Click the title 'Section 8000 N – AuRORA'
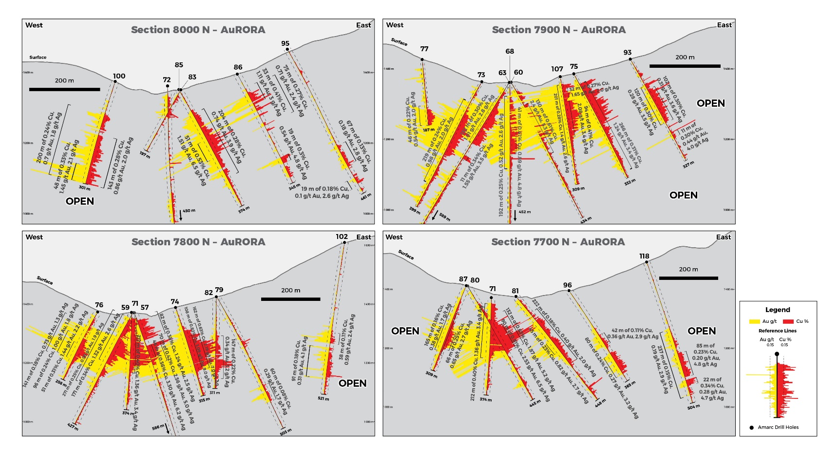[x=198, y=30]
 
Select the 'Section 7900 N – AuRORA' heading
[x=558, y=30]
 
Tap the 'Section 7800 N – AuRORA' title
[x=198, y=242]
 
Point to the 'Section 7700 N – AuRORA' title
[x=558, y=242]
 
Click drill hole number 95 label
[x=285, y=43]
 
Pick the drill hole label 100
[x=119, y=76]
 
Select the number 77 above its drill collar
[x=424, y=49]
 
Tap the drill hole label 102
[x=342, y=237]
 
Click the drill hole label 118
[x=644, y=256]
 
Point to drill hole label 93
[x=628, y=53]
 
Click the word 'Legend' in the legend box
[x=778, y=310]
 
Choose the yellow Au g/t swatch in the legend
[x=754, y=321]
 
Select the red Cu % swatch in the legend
[x=788, y=321]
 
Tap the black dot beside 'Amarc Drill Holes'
[x=751, y=428]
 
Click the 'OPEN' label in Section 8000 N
[x=80, y=201]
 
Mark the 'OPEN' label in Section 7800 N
[x=352, y=383]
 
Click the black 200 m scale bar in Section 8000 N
[x=64, y=89]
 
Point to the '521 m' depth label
[x=323, y=399]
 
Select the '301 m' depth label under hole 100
[x=84, y=188]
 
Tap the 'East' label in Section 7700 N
[x=723, y=237]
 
